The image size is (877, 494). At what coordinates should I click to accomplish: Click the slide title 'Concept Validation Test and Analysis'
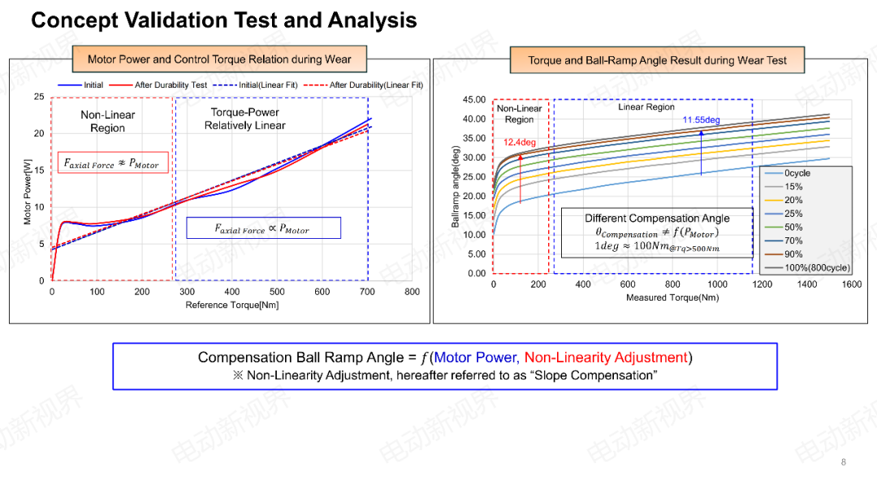pos(223,20)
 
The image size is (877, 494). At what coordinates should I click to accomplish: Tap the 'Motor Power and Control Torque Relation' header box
pos(219,59)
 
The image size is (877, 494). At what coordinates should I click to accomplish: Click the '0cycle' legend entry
pos(797,173)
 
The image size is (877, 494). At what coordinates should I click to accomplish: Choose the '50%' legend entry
pos(793,227)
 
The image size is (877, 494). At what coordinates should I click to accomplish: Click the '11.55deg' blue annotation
pos(701,120)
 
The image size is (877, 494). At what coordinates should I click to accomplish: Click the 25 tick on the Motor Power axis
pos(39,97)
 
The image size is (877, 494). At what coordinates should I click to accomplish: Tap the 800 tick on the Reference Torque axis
pos(412,292)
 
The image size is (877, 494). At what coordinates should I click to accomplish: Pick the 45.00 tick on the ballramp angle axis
pos(473,100)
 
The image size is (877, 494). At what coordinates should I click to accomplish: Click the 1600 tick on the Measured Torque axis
pos(851,284)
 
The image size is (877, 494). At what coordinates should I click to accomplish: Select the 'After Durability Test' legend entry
pos(171,85)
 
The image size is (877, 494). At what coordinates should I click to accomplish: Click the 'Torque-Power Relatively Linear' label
pos(244,119)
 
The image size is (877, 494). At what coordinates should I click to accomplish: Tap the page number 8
pos(843,462)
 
